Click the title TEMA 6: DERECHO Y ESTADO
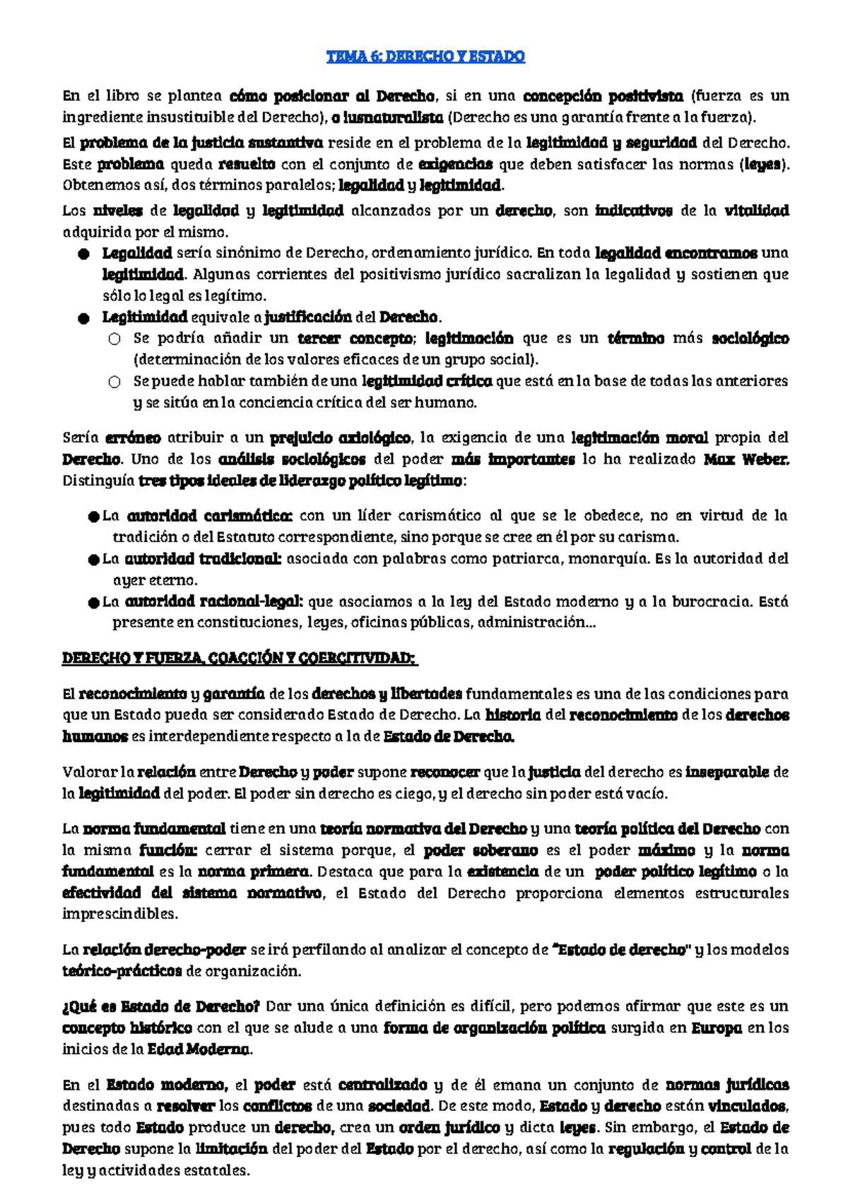tap(425, 57)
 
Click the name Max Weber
tap(746, 459)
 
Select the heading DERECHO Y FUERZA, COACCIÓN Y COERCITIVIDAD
tap(239, 659)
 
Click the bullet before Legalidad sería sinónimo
tap(84, 254)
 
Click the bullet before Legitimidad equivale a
tap(84, 318)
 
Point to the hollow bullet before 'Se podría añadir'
tap(114, 339)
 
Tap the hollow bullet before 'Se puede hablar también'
tap(114, 382)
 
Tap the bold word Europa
tap(716, 1028)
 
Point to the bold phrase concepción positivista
tap(603, 95)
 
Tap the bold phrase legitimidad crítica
tap(427, 382)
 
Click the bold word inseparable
tap(726, 772)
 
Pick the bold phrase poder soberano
tap(481, 850)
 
